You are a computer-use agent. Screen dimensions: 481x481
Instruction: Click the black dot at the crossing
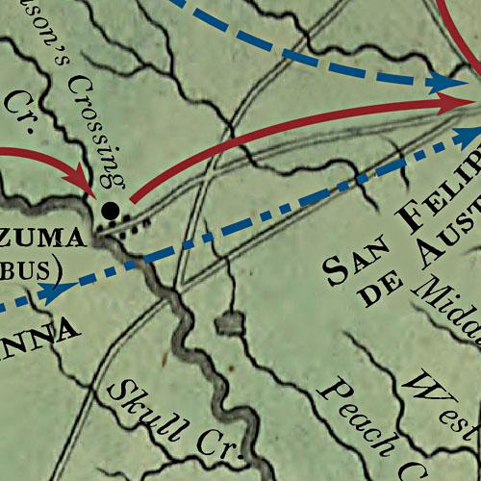(111, 209)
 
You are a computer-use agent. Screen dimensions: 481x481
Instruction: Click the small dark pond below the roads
(229, 324)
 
